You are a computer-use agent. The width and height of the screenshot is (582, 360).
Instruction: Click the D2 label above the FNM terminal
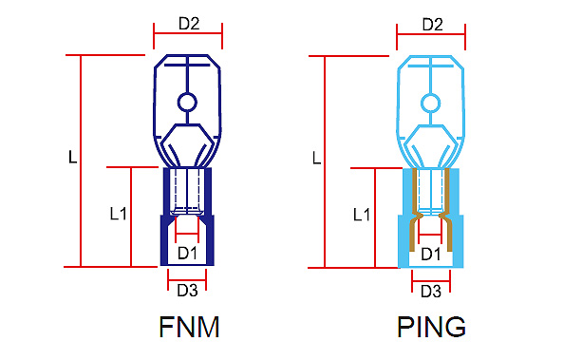(x=189, y=24)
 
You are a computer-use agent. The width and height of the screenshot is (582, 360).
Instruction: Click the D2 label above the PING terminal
(x=432, y=25)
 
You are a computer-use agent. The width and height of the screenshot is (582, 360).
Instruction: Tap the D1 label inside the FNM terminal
(x=187, y=254)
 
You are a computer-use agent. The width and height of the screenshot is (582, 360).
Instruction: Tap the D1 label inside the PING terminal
(x=430, y=255)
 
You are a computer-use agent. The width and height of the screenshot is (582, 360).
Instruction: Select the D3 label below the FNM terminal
(x=187, y=291)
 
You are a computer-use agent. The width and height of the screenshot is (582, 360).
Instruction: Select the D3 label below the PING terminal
(x=431, y=292)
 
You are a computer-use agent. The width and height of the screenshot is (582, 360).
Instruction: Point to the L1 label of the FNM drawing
(x=119, y=214)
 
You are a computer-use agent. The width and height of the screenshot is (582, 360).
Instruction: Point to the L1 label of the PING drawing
(x=362, y=215)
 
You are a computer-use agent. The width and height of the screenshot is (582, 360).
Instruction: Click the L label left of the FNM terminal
(x=73, y=157)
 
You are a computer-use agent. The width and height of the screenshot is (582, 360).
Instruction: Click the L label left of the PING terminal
(x=316, y=159)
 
